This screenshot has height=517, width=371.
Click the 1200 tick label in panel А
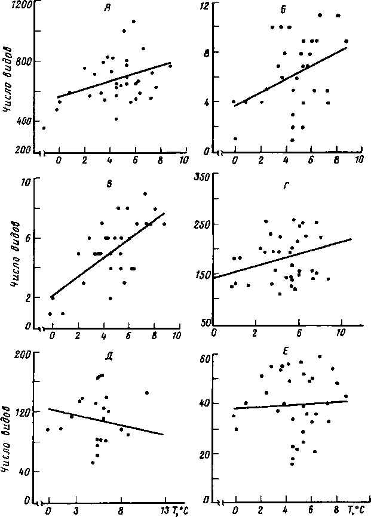20,4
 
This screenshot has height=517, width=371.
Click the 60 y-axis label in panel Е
205,358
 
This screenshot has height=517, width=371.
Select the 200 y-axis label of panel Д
23,353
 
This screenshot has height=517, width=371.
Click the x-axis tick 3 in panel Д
77,510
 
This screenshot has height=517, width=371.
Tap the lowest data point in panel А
43,128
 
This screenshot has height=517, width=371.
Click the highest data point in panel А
134,21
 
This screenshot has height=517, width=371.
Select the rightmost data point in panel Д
147,392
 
